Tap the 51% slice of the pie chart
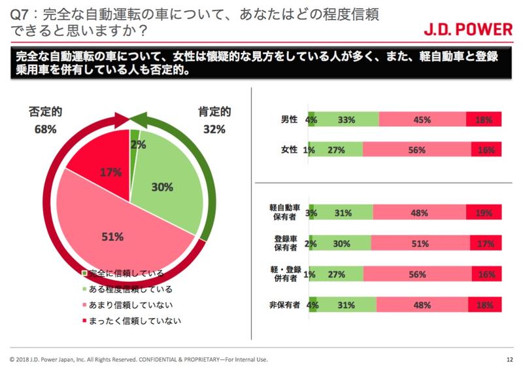[x=111, y=236]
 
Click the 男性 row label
[x=289, y=120]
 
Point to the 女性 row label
[x=289, y=150]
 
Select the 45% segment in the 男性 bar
[x=422, y=120]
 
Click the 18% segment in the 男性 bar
[x=484, y=120]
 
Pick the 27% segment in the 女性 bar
[x=338, y=150]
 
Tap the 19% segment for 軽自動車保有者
[x=484, y=213]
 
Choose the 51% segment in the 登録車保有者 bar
[x=419, y=243]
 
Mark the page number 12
[x=509, y=359]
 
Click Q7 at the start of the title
[x=17, y=12]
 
